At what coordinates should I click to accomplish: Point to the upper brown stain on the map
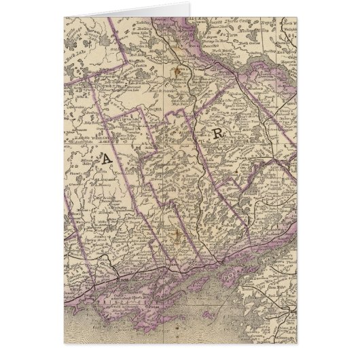178,71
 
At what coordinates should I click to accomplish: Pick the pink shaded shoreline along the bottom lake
170,299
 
